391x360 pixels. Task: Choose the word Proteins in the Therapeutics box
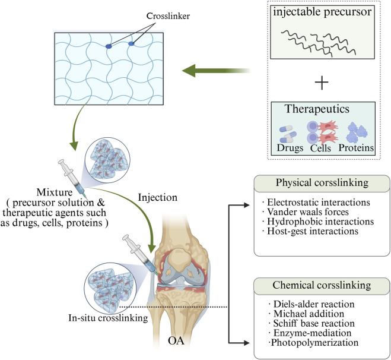pos(354,147)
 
